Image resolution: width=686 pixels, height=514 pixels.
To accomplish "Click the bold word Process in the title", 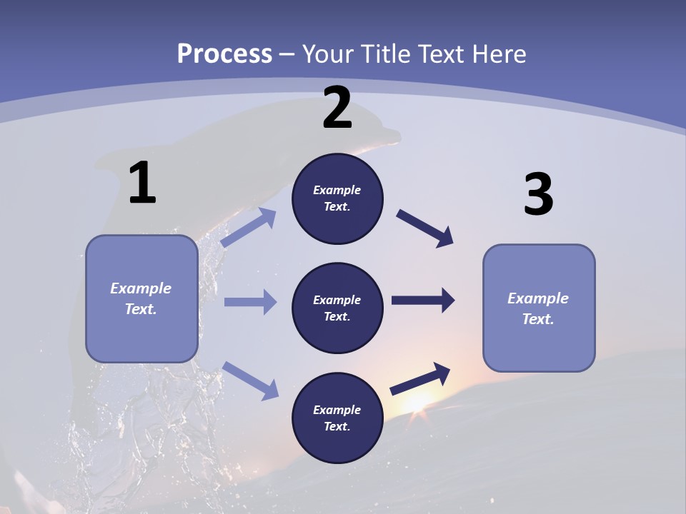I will (224, 54).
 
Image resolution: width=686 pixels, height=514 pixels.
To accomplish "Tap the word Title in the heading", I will (384, 54).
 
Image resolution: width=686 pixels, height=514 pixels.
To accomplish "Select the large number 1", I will (142, 183).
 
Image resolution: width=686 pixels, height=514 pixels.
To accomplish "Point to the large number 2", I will (337, 108).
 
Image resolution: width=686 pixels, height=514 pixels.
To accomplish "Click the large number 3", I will (538, 195).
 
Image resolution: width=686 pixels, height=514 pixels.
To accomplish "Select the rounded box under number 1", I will (141, 298).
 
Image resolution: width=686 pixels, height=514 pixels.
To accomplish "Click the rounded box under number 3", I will (539, 308).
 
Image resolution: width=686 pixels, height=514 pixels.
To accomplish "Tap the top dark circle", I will (337, 198).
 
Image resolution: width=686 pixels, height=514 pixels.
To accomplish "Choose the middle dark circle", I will (337, 308).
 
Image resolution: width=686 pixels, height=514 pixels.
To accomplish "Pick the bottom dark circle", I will (337, 418).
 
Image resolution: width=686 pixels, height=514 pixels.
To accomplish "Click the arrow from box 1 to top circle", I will (248, 228).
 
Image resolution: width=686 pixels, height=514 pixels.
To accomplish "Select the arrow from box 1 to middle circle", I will (250, 302).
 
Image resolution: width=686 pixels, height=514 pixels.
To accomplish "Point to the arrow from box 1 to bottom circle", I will (250, 380).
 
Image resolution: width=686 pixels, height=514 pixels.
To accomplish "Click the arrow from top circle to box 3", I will (425, 228).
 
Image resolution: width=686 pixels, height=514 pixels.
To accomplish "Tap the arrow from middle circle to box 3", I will (423, 301).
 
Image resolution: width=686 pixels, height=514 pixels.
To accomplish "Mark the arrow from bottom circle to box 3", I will (420, 378).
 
